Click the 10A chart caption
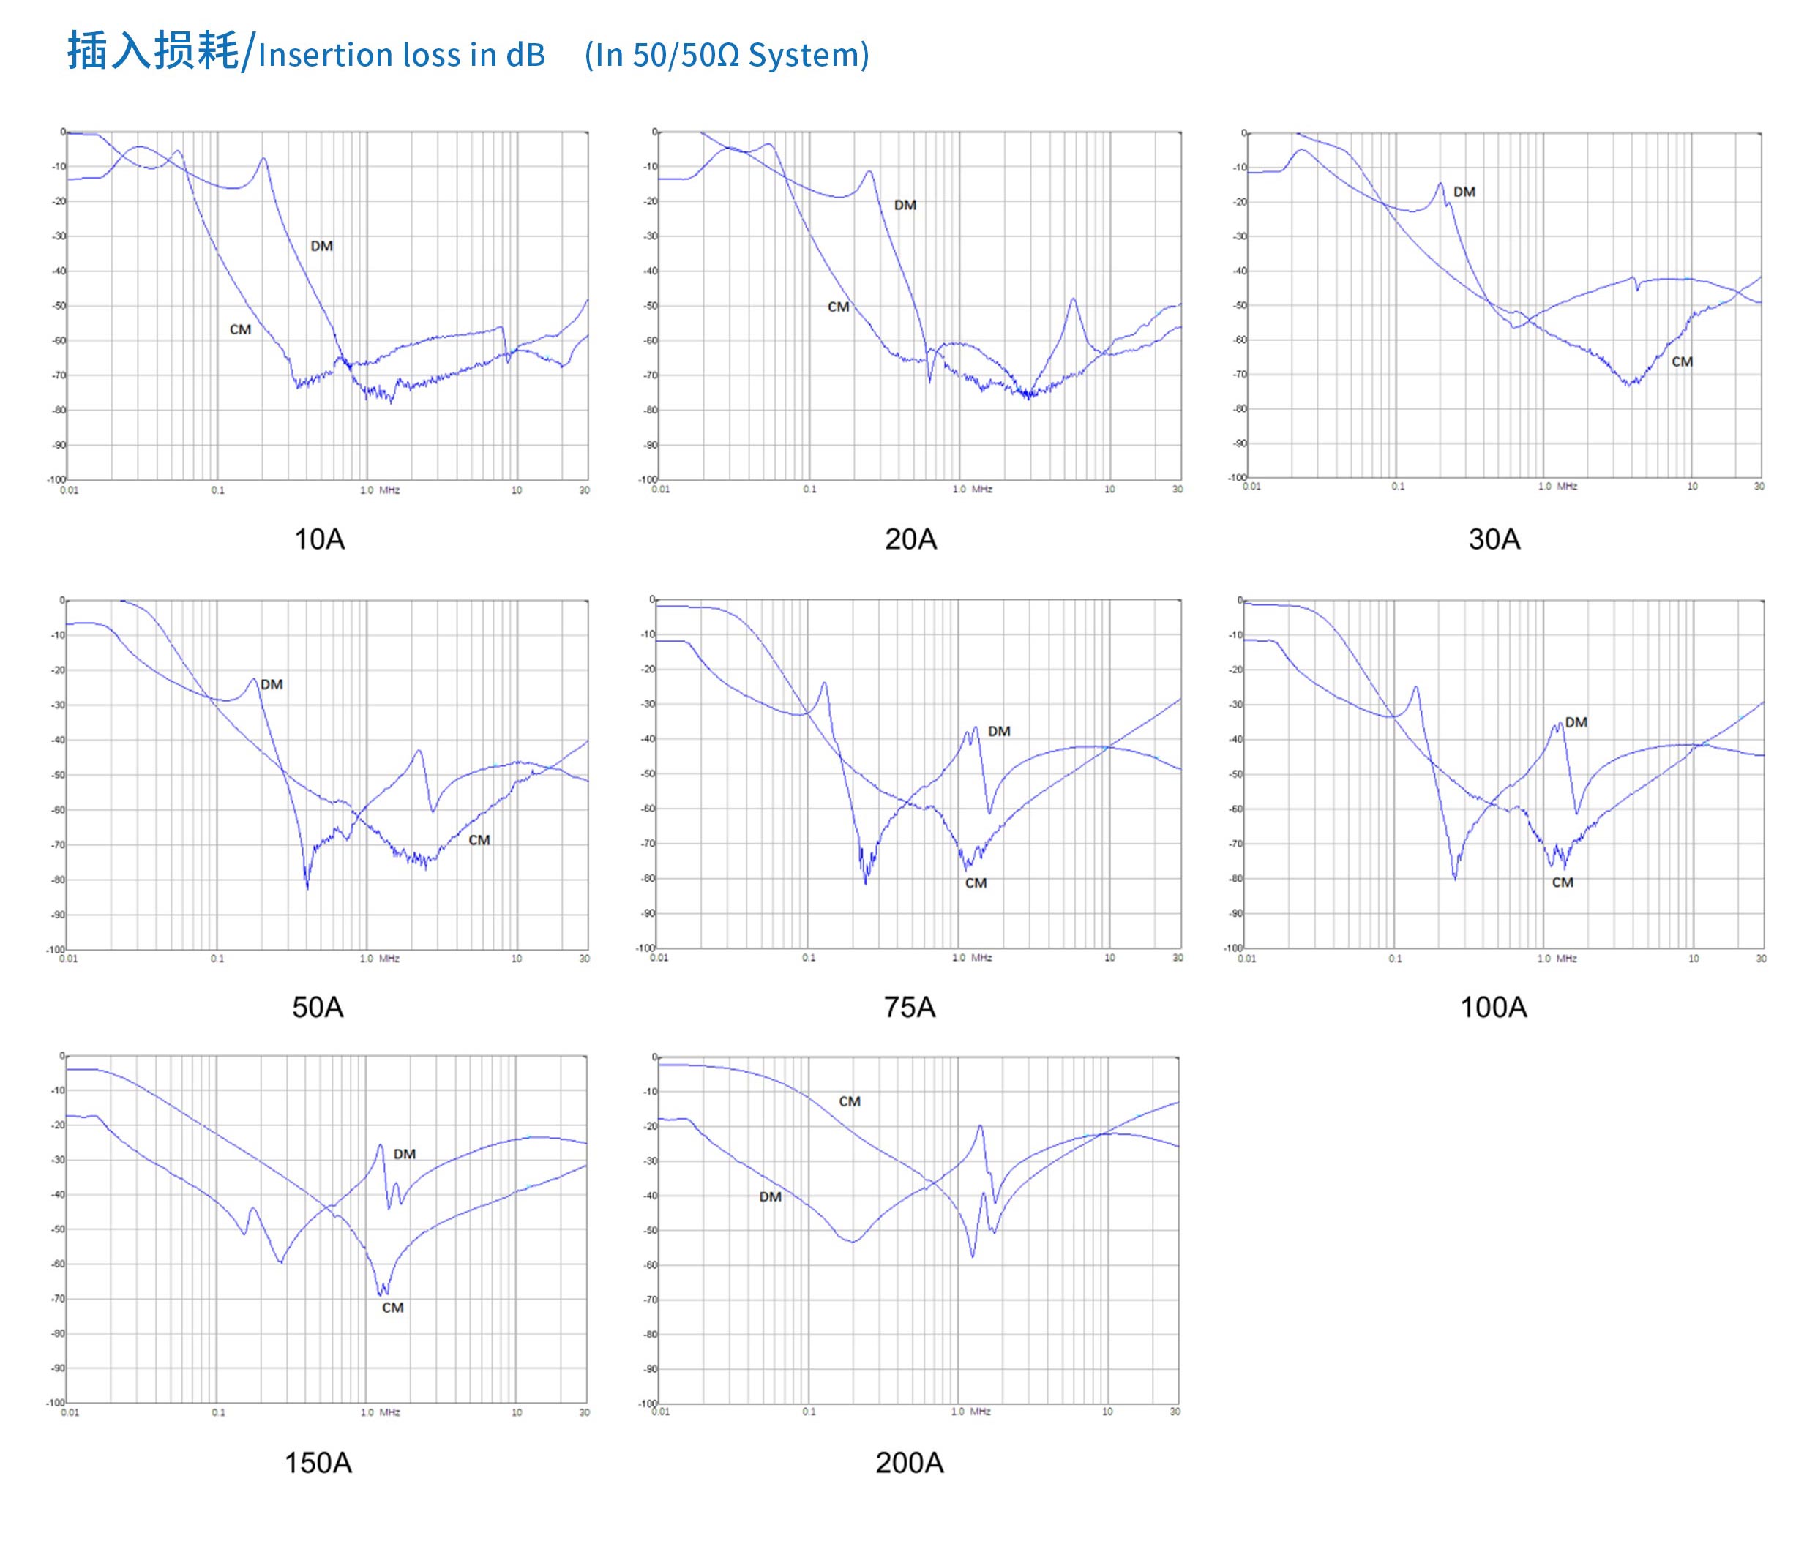[318, 539]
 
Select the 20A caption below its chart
[910, 539]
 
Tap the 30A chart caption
[1494, 539]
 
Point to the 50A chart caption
[318, 1008]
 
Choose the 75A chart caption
[909, 1008]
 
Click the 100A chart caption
[1493, 1008]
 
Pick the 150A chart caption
[318, 1463]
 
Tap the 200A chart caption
[909, 1463]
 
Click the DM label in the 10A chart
[321, 246]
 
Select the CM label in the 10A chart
[240, 330]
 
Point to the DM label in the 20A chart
[905, 205]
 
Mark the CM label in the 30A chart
[1681, 361]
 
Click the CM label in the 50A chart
[479, 840]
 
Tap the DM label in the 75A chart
[998, 731]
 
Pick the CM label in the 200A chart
[849, 1101]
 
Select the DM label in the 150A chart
[404, 1154]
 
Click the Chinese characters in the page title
[152, 50]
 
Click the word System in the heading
[804, 55]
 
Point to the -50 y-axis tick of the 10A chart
[59, 305]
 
